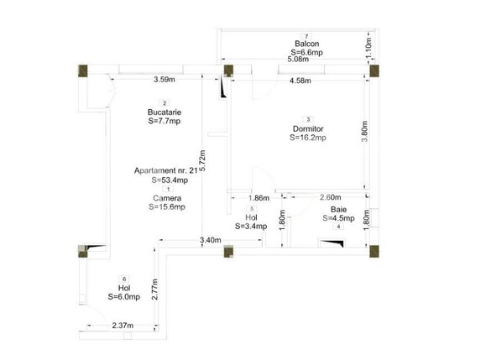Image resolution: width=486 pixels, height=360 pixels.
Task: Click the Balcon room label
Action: coord(306,44)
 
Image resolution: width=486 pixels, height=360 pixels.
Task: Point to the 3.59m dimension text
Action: coord(165,81)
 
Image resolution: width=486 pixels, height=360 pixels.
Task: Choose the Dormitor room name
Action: coord(308,128)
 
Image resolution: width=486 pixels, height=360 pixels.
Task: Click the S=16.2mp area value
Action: coord(308,138)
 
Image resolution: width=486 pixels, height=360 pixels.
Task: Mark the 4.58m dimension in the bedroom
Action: coord(300,81)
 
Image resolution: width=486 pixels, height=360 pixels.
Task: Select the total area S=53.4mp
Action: coord(169,180)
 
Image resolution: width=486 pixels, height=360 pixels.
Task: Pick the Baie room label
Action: coord(338,209)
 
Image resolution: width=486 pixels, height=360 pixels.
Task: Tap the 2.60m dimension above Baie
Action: coord(330,198)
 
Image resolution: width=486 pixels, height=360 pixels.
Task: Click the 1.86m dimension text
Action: coord(259,198)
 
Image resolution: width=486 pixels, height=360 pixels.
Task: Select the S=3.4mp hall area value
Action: coord(251,226)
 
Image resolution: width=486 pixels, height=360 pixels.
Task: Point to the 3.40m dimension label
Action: coord(211,241)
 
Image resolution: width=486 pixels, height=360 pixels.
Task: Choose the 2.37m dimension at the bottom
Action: coord(124,326)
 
